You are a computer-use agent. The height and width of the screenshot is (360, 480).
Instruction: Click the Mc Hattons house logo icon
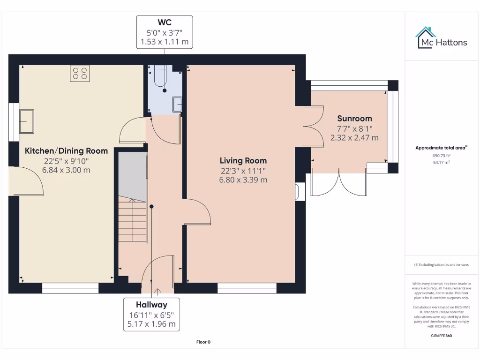[426, 37]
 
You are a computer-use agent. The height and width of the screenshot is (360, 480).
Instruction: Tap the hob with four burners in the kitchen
[79, 74]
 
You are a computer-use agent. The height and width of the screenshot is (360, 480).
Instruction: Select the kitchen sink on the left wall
[26, 121]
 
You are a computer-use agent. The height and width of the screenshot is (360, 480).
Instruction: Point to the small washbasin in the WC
[177, 104]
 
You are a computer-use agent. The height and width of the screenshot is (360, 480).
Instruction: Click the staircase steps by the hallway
[132, 220]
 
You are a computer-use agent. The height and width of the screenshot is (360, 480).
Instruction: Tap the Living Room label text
[244, 161]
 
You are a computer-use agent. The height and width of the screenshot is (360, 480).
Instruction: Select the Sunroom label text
[354, 119]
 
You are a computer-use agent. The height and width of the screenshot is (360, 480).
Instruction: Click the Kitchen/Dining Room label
[66, 151]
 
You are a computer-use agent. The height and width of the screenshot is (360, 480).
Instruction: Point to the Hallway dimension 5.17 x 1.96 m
[152, 324]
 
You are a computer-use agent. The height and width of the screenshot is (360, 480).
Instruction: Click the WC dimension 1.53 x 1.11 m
[165, 42]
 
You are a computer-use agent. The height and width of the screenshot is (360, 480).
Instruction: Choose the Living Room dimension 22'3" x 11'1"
[244, 171]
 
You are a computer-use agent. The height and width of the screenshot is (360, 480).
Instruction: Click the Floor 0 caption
[203, 342]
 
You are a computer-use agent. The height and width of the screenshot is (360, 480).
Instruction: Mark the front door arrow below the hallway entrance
[157, 291]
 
